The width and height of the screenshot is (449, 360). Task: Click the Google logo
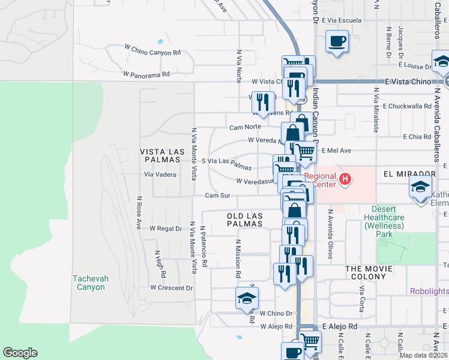(20, 353)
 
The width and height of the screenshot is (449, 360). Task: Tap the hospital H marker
(345, 178)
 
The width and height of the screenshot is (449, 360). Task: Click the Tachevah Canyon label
(89, 283)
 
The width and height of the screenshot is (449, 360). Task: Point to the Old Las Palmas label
(245, 220)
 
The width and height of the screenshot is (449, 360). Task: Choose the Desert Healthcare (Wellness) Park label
(385, 221)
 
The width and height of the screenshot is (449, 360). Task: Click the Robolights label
(429, 292)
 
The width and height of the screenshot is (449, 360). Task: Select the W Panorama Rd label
(147, 74)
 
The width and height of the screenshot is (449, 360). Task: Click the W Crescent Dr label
(171, 287)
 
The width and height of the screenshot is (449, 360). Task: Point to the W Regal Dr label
(166, 229)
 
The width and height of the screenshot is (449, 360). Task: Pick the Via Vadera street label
(160, 175)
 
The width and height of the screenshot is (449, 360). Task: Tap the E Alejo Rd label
(340, 326)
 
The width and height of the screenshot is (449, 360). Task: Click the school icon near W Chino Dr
(247, 298)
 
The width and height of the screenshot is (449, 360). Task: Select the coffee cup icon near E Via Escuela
(337, 41)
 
